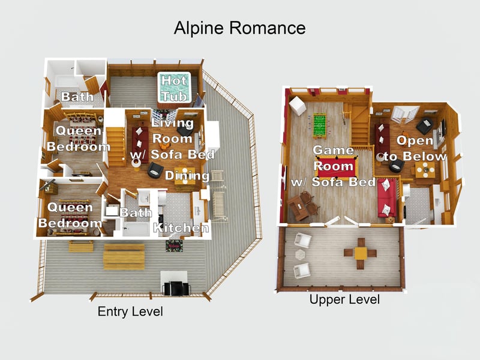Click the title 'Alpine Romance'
click(x=239, y=28)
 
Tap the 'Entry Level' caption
click(x=130, y=312)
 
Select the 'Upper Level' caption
click(x=344, y=299)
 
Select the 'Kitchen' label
click(x=181, y=227)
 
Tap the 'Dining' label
click(x=187, y=176)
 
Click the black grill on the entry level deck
click(x=175, y=285)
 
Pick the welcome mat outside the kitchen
click(x=173, y=246)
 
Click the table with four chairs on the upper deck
click(x=360, y=253)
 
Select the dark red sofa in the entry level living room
click(x=140, y=139)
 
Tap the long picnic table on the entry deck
click(x=124, y=256)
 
